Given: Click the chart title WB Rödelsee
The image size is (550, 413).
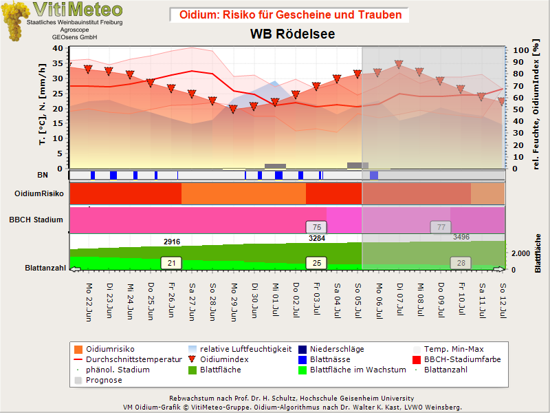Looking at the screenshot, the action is coord(293,34).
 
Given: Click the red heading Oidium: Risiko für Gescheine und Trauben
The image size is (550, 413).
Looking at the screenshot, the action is coord(290,14).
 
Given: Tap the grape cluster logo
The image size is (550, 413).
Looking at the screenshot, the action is coord(15,21).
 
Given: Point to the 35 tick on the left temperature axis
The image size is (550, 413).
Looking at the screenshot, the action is coord(58,63).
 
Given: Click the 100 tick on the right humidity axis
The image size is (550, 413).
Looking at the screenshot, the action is coord(521,50).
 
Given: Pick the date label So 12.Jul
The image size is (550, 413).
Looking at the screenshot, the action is coord(503,301).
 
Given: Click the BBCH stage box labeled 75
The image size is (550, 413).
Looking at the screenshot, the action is coord(316,227).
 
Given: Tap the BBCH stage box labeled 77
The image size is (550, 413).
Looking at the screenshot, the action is coord(441,227).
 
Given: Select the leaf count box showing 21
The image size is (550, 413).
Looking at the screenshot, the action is coord(171,263).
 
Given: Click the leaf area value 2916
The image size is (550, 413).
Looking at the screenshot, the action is coord(172,242).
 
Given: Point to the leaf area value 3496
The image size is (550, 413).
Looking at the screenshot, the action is coord(461,237).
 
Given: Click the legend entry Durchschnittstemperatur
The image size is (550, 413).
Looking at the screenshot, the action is coord(128,359).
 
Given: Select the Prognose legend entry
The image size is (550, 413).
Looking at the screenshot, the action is coord(98,380).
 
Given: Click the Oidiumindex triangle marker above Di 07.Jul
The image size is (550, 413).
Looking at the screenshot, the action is coord(399,64).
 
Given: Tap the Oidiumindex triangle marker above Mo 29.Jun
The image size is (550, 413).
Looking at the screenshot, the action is coord(233,109).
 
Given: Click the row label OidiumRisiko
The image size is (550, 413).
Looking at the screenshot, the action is coord(39,193).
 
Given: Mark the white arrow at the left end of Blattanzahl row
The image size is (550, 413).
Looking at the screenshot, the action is coord(76,269).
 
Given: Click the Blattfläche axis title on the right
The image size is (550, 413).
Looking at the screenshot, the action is coord(538,253).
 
